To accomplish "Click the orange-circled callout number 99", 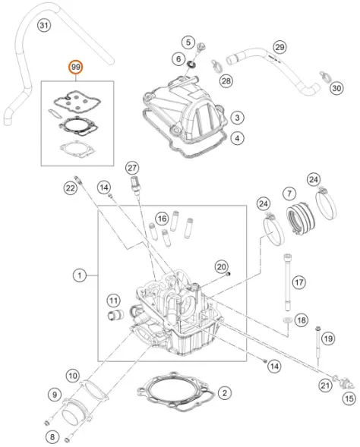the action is click(76, 68).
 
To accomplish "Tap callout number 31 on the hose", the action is click(43, 25).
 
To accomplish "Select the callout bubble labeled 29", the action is click(279, 47).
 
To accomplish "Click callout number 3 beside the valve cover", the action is click(237, 118).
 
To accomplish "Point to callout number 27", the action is click(132, 168).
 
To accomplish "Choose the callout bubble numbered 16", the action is click(162, 219).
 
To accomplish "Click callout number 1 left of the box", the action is click(80, 275).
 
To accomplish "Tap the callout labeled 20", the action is click(221, 267).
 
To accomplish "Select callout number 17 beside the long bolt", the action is click(298, 282).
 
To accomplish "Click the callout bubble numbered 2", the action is click(225, 393).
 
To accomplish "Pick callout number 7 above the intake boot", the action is click(289, 194).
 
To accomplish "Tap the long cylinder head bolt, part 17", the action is click(287, 282).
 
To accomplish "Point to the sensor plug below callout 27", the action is click(136, 185).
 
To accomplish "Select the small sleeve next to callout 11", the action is click(115, 315).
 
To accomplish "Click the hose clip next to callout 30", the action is click(326, 77).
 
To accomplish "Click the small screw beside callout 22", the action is click(78, 180).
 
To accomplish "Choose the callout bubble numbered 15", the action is click(349, 398).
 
